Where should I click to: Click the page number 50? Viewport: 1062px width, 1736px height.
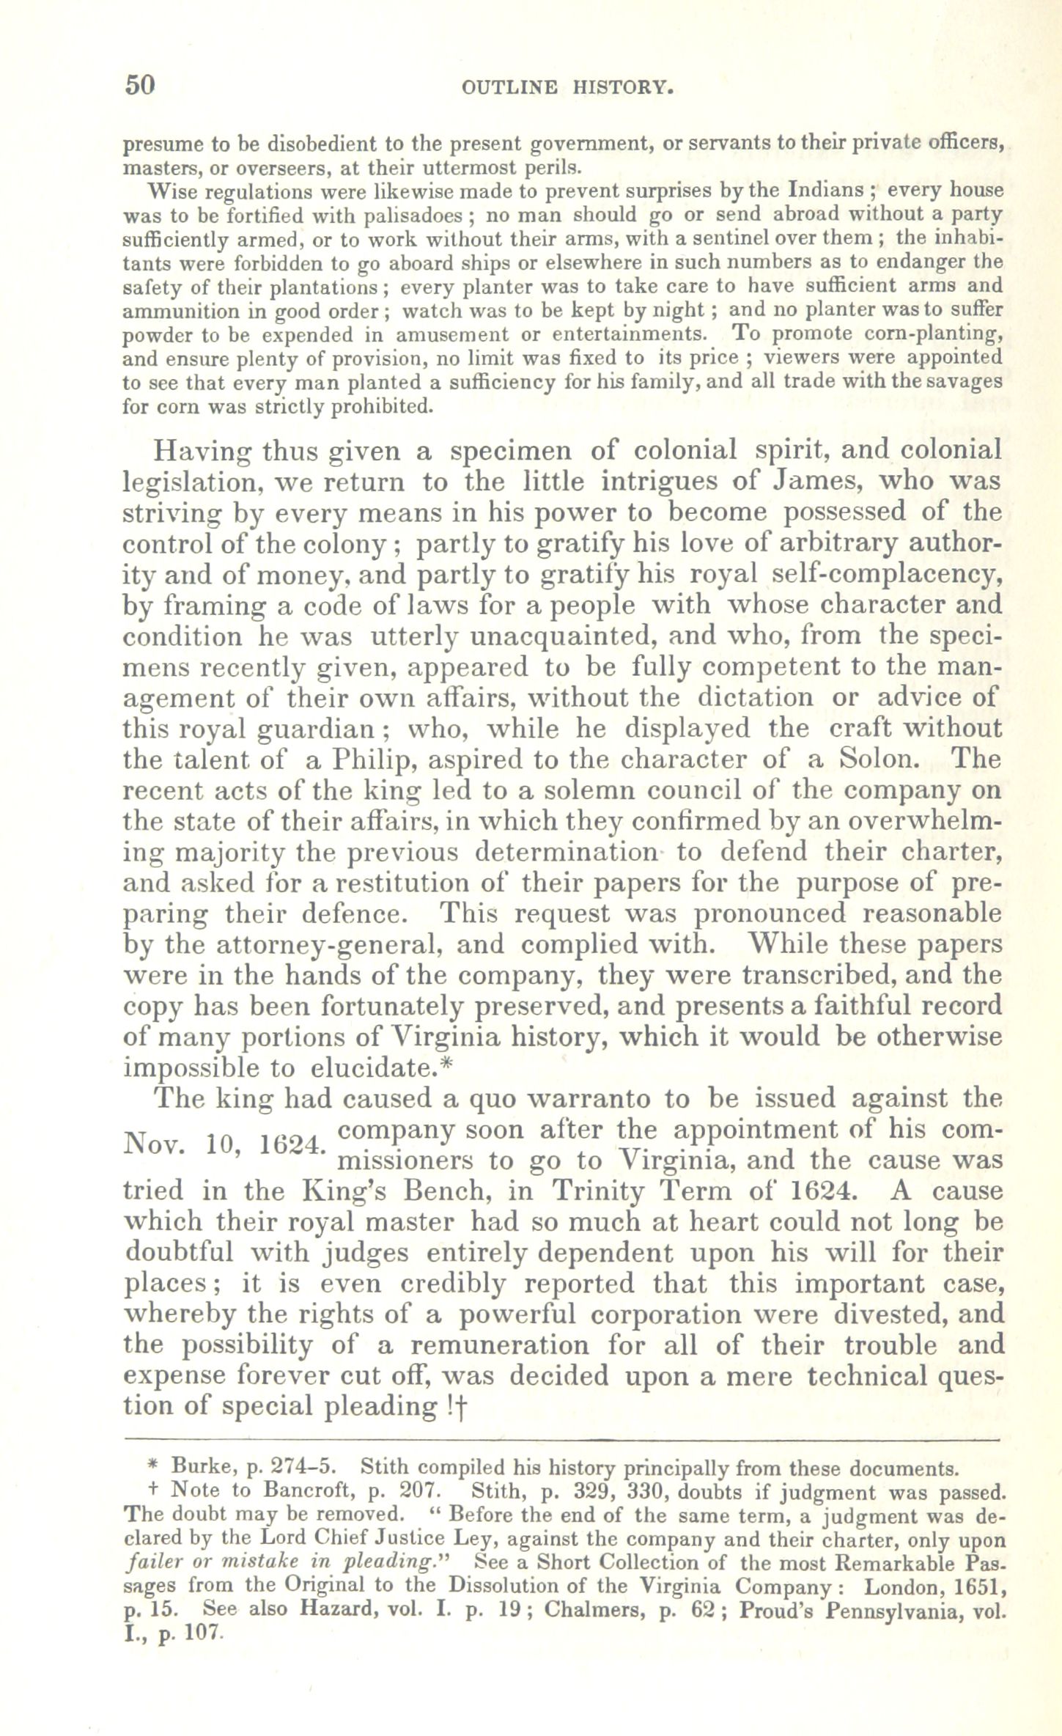[140, 85]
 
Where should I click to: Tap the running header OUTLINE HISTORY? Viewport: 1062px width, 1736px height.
[567, 88]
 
